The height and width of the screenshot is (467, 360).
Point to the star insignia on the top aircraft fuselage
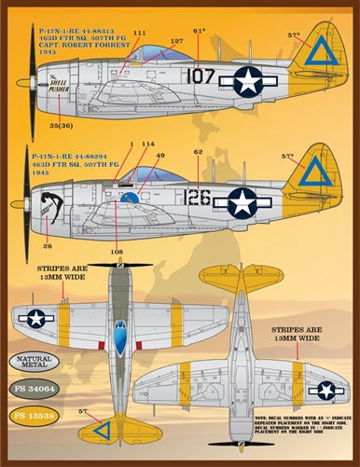pyautogui.click(x=248, y=81)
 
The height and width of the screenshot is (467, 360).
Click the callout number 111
pyautogui.click(x=140, y=34)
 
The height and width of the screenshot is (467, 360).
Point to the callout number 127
pyautogui.click(x=176, y=41)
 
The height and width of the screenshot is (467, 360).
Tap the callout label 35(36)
pyautogui.click(x=62, y=124)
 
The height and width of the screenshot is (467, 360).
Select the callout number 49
pyautogui.click(x=159, y=156)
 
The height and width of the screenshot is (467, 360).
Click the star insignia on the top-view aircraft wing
pyautogui.click(x=36, y=318)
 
